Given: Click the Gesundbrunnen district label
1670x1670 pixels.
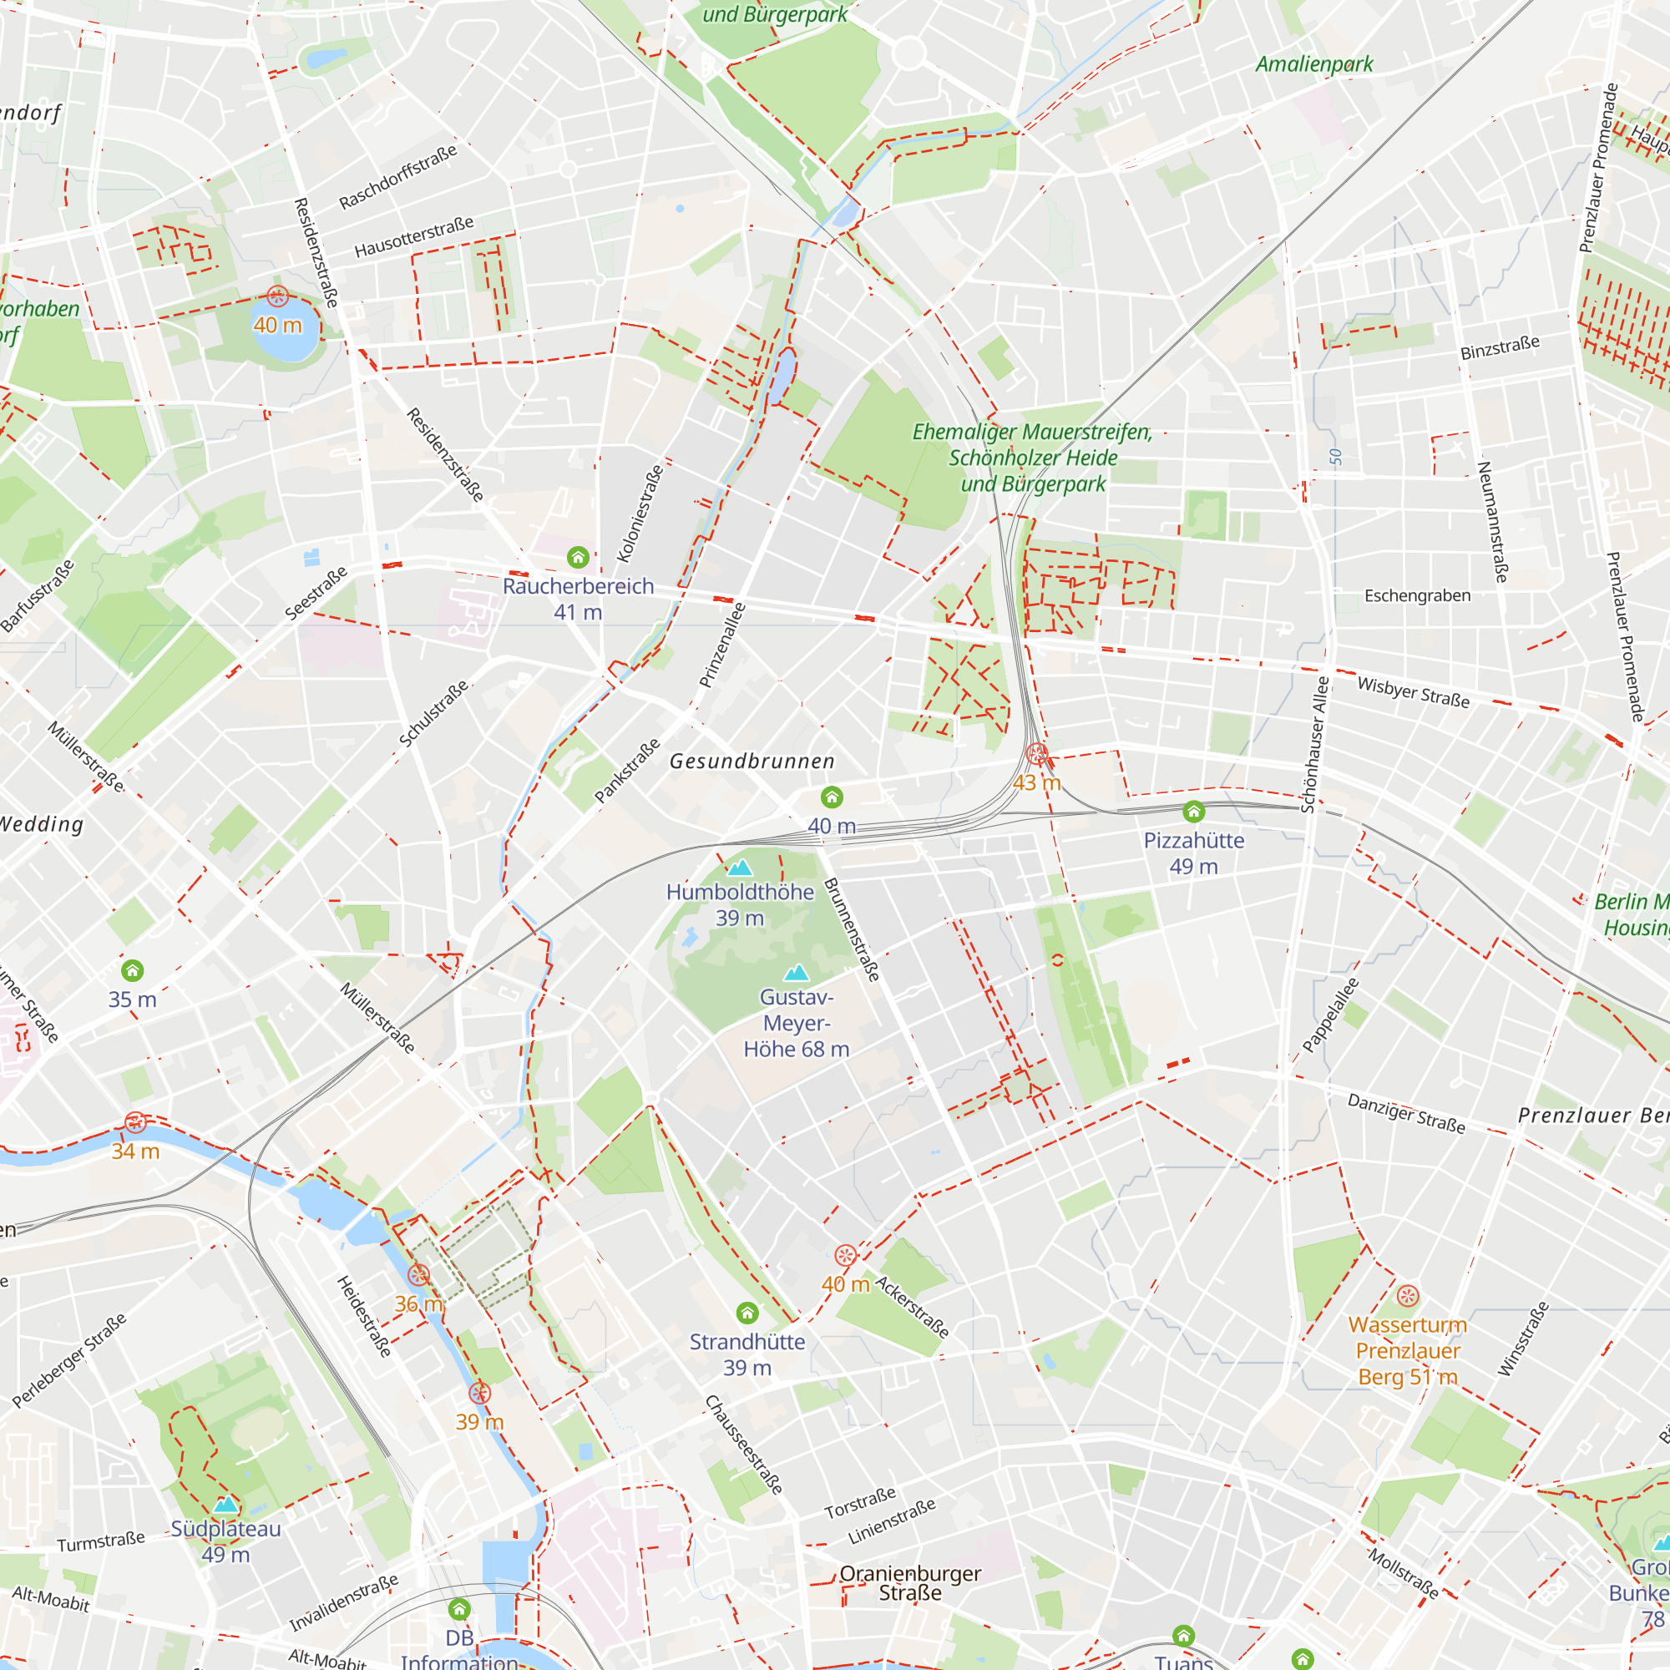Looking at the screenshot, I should [752, 762].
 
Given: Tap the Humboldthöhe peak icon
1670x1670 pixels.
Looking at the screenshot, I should [739, 867].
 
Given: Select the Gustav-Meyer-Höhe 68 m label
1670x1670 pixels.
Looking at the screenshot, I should [796, 1024].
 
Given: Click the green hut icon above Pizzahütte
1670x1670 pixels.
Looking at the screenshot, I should [1194, 811].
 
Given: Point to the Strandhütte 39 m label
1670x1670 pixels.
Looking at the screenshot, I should [746, 1354].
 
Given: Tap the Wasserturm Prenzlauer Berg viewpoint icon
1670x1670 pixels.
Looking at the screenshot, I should [1407, 1296].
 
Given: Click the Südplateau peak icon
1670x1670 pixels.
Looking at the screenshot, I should [225, 1505].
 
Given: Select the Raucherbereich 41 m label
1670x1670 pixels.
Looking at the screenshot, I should [578, 599].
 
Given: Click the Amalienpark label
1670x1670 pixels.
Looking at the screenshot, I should [1313, 64].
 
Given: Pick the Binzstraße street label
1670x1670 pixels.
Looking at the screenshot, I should [1500, 347].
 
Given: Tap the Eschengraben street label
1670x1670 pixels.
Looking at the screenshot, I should [1417, 595].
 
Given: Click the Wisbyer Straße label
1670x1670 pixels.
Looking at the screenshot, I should [1414, 691].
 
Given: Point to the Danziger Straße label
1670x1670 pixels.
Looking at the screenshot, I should [1406, 1113].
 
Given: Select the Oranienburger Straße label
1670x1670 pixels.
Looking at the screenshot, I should [909, 1582].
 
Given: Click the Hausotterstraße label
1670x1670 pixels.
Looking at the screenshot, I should [414, 237].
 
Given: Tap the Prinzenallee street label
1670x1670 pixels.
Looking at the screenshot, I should [721, 645].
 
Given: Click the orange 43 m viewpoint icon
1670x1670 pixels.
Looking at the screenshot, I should [1036, 754].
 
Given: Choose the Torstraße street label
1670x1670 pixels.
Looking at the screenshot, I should [859, 1503].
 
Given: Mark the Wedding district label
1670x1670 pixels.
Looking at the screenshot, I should [42, 824].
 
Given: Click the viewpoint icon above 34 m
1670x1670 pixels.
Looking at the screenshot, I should [134, 1122].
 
